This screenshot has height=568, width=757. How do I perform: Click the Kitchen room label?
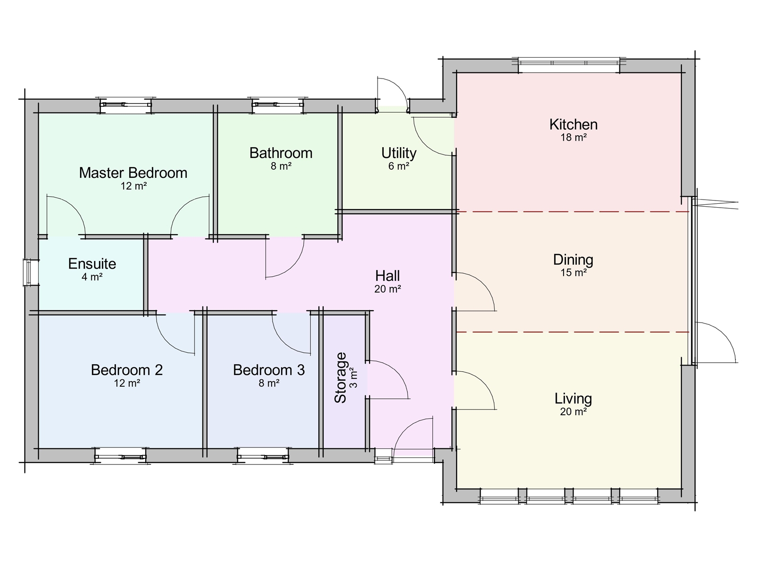tap(573, 124)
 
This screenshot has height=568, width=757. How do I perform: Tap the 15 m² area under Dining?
tap(573, 273)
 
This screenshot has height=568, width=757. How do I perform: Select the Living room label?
tap(573, 399)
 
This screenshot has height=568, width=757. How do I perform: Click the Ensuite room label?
tap(92, 264)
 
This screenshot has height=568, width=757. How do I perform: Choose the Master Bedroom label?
tap(133, 173)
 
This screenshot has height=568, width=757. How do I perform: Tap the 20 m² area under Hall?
tap(387, 289)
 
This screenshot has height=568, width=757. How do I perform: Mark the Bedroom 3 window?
tap(263, 456)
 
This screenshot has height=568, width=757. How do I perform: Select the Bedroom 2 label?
tap(127, 370)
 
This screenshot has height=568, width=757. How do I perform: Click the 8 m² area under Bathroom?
tap(281, 166)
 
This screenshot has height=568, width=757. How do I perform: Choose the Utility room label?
tap(399, 153)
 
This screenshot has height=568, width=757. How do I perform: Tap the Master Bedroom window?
tap(126, 105)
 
